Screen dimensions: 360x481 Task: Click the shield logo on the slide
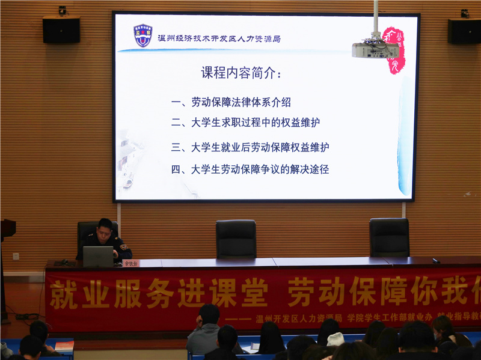coord(142,35)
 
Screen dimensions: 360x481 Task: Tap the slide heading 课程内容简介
coord(240,73)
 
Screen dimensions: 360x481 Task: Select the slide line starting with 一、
coord(231,102)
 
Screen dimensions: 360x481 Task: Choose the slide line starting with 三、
coord(250,147)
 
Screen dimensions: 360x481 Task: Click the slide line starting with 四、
coord(250,169)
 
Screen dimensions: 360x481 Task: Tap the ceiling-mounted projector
coord(375,48)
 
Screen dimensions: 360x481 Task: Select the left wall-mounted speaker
coord(61,29)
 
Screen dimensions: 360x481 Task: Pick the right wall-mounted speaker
coord(464,31)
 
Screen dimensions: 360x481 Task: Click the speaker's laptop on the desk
coord(98,257)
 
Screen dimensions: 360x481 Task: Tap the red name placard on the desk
coord(130,263)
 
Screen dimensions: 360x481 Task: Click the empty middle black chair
coord(236,239)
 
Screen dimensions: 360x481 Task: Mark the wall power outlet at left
coord(16,256)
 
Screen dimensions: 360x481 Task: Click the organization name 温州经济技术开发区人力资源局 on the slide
coord(219,38)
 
